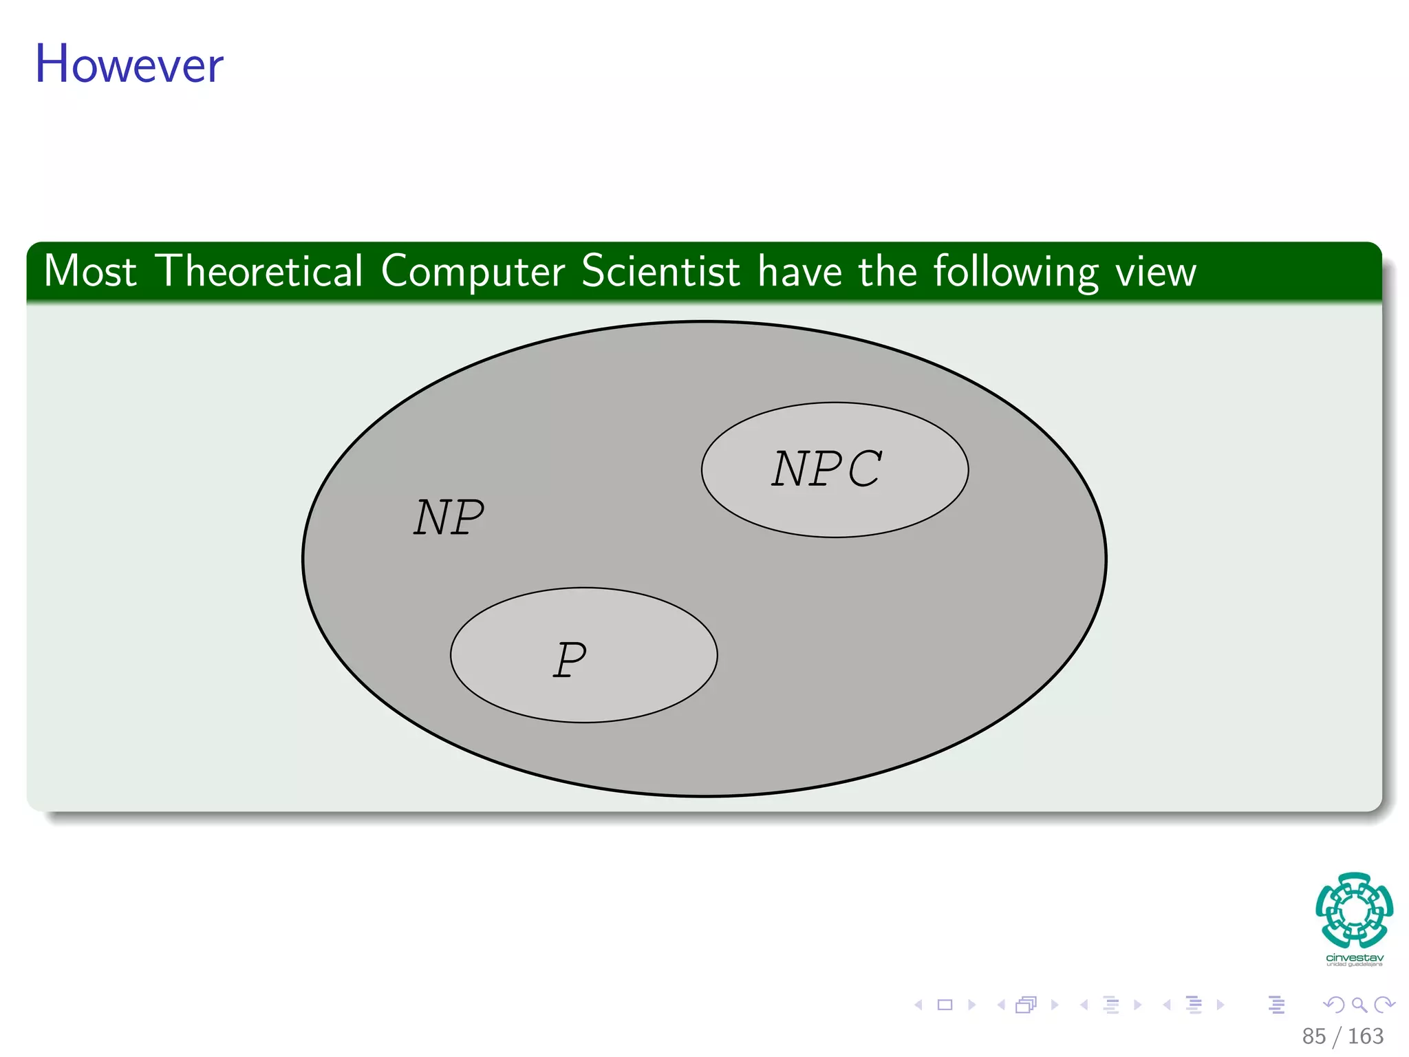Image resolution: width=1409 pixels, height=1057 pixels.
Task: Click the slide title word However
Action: click(x=129, y=64)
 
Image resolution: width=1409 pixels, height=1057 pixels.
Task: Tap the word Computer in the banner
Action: click(x=473, y=273)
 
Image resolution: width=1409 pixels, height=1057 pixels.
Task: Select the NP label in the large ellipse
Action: click(x=449, y=517)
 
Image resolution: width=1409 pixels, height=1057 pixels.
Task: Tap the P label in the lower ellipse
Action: click(x=570, y=659)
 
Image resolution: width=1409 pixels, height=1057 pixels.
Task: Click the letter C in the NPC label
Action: click(x=859, y=469)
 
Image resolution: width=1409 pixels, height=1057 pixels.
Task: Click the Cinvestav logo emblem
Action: click(x=1354, y=910)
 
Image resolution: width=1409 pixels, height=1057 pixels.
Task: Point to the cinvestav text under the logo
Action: click(x=1354, y=958)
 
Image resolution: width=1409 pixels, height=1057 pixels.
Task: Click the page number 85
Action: click(x=1313, y=1036)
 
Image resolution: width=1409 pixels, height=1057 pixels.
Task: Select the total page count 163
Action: click(x=1365, y=1036)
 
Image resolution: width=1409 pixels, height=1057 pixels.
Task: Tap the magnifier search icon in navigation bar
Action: click(x=1359, y=1005)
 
